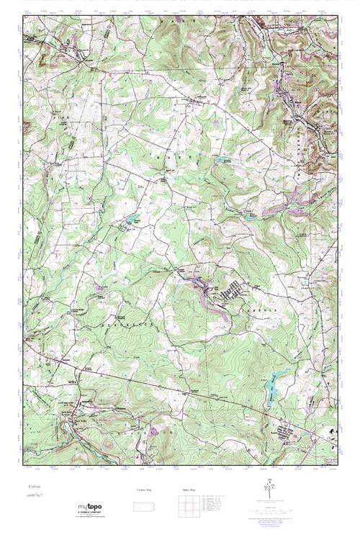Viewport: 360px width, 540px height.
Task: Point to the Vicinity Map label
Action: [x=144, y=490]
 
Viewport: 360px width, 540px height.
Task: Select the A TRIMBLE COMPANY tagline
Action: [x=90, y=513]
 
